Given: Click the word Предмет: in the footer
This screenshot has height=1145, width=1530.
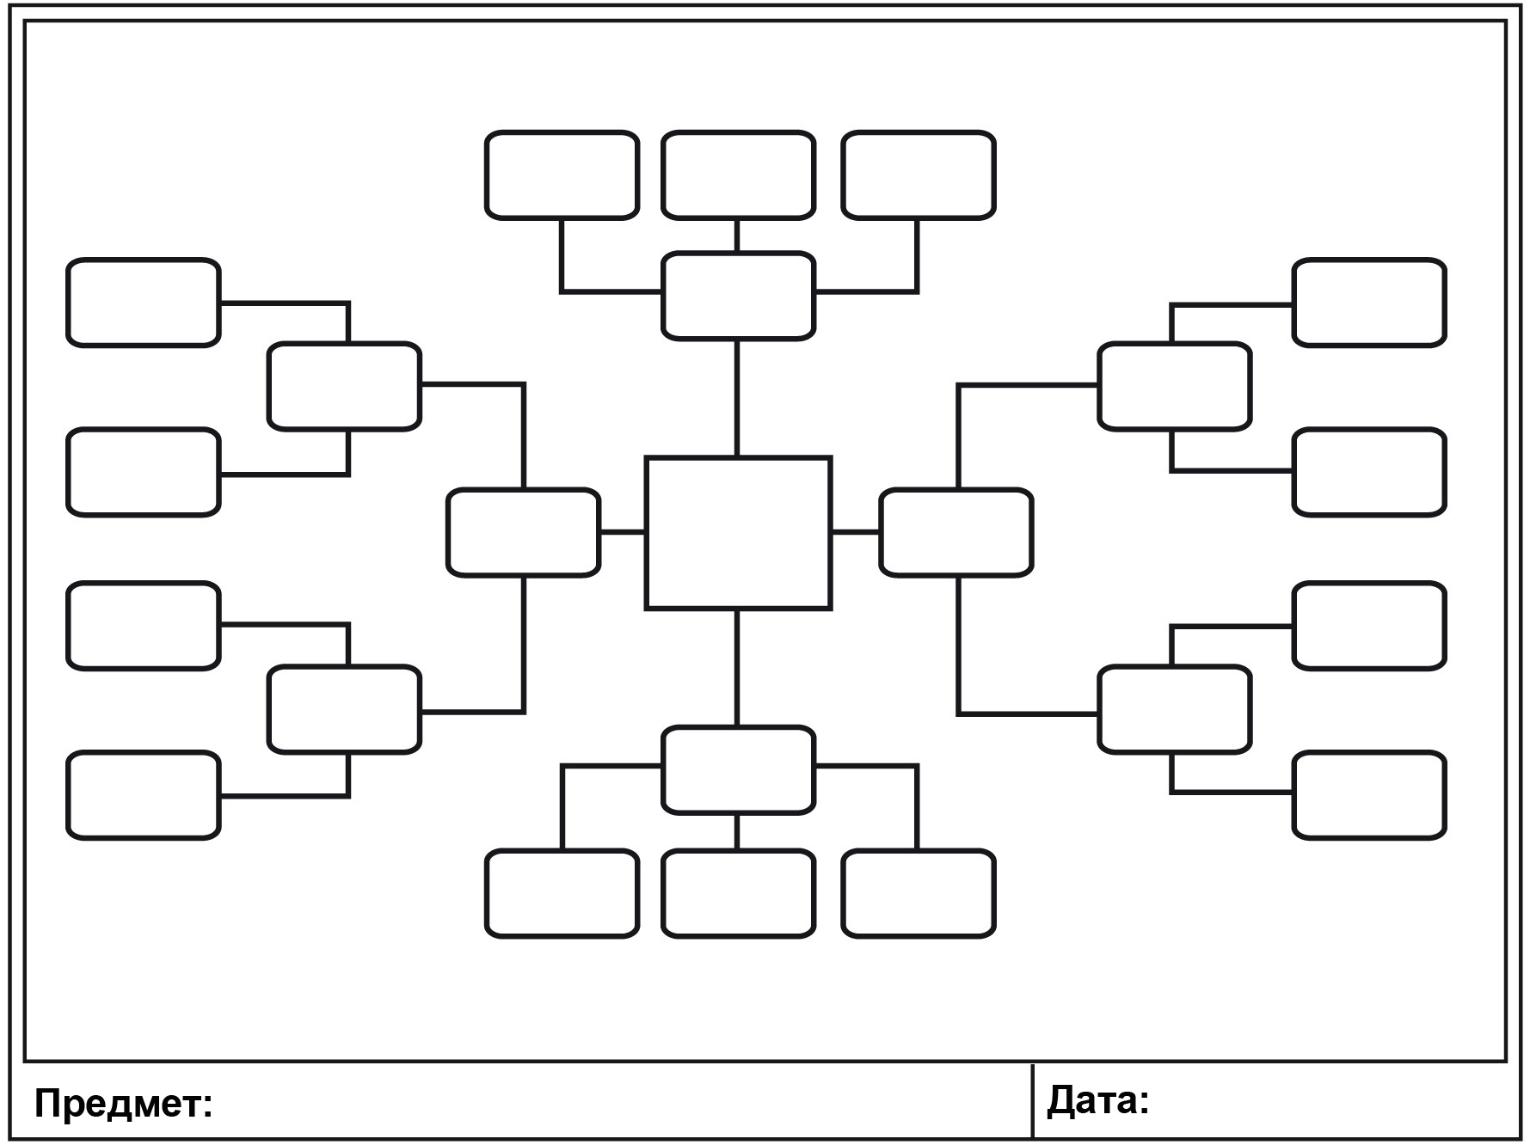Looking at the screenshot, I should click(123, 1104).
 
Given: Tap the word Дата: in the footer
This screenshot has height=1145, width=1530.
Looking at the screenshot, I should click(1097, 1100).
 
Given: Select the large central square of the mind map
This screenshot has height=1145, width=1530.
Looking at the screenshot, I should click(738, 533).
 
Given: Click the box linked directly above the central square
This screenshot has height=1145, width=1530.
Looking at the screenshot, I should click(738, 296).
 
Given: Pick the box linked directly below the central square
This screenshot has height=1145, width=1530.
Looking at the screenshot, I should click(738, 769).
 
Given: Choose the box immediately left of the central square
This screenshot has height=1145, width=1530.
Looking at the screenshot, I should click(523, 532).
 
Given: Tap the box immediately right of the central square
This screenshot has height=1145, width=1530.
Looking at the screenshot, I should click(955, 532).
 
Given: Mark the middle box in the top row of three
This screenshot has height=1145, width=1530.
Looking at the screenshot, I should click(738, 175).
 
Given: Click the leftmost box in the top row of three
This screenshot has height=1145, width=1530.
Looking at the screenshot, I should click(562, 175).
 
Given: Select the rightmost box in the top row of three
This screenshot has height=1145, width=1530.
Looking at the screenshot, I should click(919, 175).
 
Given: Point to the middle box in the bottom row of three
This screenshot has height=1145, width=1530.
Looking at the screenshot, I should click(738, 893).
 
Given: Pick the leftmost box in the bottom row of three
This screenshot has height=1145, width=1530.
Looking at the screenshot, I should click(562, 893).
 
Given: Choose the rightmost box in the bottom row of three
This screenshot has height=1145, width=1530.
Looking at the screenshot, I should click(919, 893).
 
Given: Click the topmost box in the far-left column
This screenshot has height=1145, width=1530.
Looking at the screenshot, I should click(144, 303).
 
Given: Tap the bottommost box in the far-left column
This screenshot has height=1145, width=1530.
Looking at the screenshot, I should click(144, 795).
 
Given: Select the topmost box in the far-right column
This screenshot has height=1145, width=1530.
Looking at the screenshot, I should click(1369, 303).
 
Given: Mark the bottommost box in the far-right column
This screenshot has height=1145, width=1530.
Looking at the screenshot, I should click(1369, 795).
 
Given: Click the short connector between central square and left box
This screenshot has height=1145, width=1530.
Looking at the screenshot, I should click(622, 532).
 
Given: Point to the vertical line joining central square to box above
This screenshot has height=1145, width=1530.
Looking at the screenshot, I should click(737, 397).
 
